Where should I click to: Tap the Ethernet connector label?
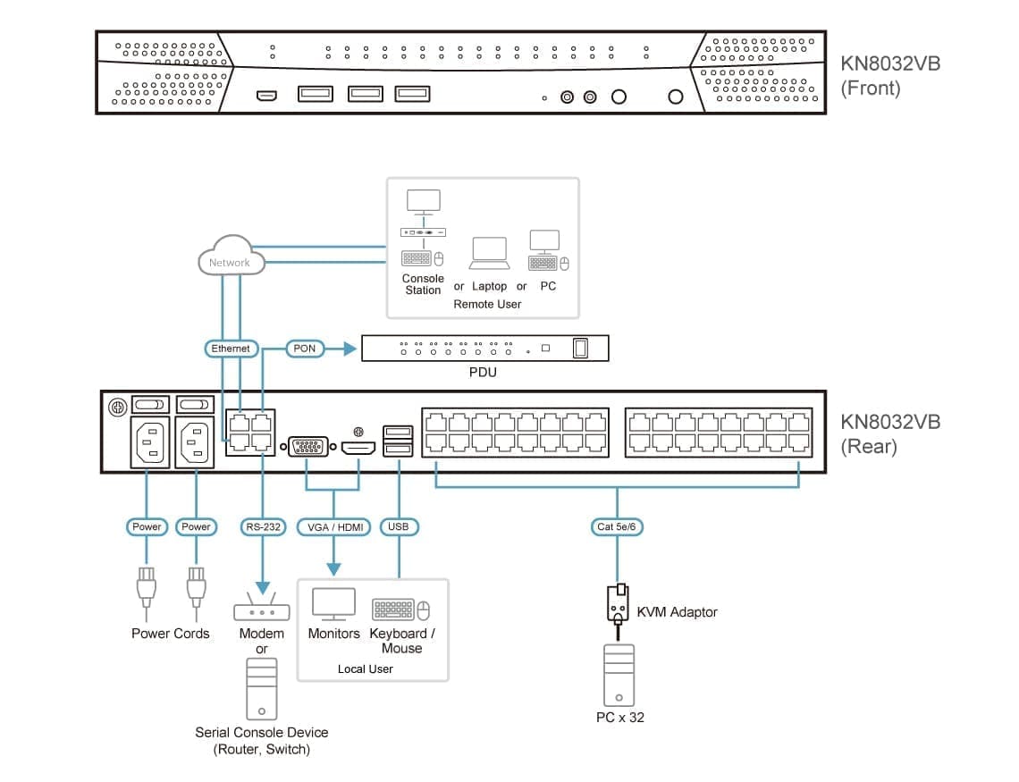point(231,349)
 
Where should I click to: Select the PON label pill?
point(305,349)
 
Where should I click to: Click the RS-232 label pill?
point(263,527)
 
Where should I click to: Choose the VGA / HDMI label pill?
point(334,527)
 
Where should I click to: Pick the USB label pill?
point(399,527)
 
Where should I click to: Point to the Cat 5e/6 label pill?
point(617,527)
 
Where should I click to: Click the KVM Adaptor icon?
point(617,604)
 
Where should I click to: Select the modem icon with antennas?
point(261,609)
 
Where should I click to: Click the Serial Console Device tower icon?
point(261,690)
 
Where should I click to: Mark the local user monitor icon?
point(333,604)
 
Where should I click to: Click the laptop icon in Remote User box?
point(489,254)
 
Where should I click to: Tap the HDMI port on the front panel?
point(266,95)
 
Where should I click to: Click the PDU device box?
point(484,348)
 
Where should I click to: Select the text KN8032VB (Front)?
point(889,76)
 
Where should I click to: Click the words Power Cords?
point(171,634)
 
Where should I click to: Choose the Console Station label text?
point(423,284)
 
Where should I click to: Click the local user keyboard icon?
point(393,610)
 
